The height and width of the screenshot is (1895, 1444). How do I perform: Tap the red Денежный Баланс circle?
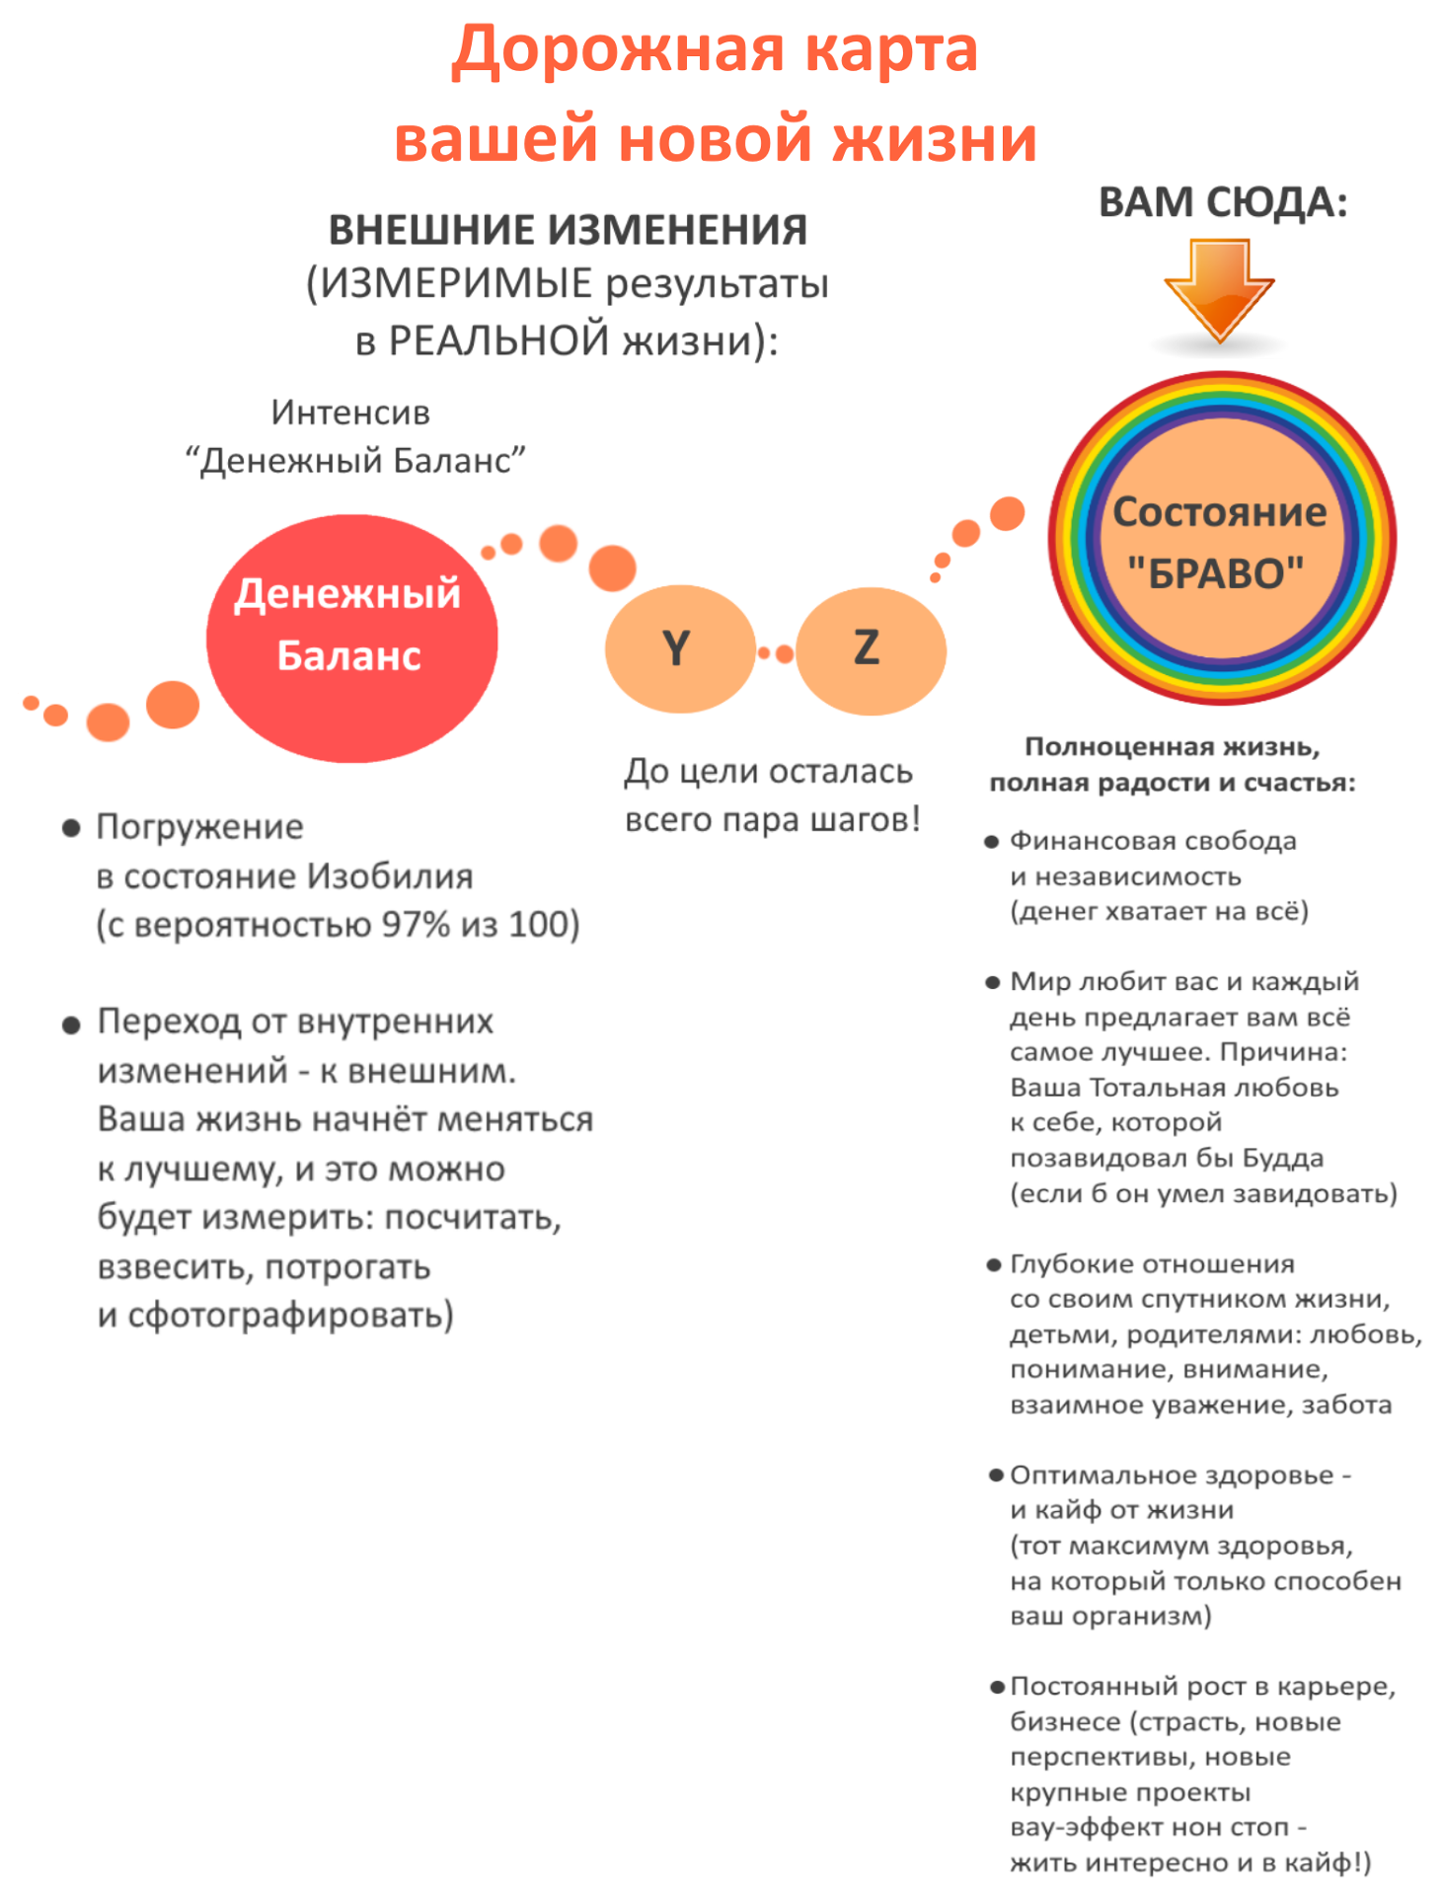(x=351, y=638)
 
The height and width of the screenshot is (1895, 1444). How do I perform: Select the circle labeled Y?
(x=679, y=648)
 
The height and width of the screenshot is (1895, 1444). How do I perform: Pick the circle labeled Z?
(x=870, y=648)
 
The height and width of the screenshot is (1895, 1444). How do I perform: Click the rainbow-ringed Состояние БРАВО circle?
(x=1222, y=539)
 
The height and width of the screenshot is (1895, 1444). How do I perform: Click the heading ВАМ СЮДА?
(x=1222, y=203)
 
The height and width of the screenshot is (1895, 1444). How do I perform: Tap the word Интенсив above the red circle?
(x=350, y=413)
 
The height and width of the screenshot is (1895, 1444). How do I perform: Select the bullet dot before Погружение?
(x=71, y=827)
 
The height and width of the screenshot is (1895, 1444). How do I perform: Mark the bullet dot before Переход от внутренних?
(x=71, y=1024)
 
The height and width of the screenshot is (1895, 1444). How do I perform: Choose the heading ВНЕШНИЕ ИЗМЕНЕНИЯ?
(x=568, y=230)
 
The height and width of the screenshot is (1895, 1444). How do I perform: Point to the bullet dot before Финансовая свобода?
(x=992, y=842)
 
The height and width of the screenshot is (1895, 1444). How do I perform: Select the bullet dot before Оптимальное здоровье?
(x=996, y=1476)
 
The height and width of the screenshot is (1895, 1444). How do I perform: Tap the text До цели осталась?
(x=768, y=771)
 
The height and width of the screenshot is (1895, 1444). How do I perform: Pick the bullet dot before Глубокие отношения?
(x=994, y=1264)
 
